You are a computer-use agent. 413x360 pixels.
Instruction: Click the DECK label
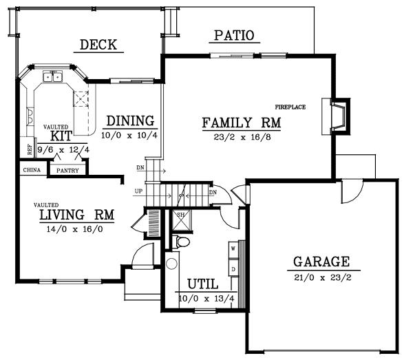[98, 45]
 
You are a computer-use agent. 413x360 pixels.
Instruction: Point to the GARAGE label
[321, 262]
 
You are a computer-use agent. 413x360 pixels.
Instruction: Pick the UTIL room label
[202, 284]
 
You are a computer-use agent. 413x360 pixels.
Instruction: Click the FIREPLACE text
[290, 107]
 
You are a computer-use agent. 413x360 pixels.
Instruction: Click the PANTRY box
[67, 170]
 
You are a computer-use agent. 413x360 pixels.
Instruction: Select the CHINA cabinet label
[30, 169]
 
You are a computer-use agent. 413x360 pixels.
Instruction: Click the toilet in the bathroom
[182, 242]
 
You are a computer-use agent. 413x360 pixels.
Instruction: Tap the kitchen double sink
[54, 76]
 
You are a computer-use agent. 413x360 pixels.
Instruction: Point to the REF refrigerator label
[30, 147]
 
